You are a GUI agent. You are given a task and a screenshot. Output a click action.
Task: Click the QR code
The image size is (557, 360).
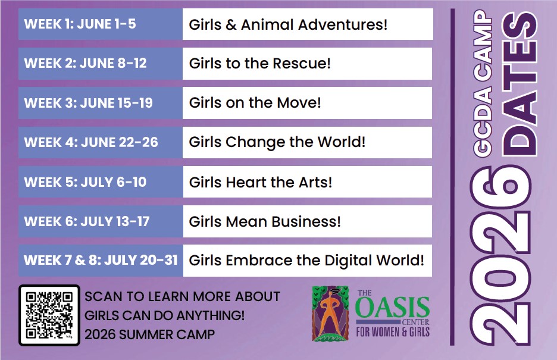tap(49, 315)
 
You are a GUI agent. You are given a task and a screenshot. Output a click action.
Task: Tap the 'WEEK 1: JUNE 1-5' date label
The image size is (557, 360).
tap(80, 24)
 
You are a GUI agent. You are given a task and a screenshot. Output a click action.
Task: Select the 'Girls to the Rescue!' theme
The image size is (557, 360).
tap(259, 64)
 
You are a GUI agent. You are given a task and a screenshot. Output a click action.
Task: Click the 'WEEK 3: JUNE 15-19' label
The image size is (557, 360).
tap(89, 103)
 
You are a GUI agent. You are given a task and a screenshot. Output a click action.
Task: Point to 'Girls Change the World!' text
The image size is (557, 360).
tap(277, 142)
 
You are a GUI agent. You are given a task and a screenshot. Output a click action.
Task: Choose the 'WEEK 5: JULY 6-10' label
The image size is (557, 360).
tap(85, 182)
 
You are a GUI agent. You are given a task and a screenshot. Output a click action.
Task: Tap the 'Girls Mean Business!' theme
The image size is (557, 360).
tap(265, 221)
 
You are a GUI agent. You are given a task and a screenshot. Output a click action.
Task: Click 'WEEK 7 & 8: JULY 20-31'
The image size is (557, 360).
tap(101, 260)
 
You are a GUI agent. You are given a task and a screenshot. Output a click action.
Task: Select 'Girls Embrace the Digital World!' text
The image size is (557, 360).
tap(306, 260)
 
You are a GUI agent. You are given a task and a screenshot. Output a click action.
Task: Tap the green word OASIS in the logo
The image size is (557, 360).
tap(392, 308)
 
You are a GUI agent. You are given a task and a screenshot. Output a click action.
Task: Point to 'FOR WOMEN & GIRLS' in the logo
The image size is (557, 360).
tap(393, 332)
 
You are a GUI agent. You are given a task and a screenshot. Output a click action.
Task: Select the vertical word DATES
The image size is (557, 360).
tap(520, 84)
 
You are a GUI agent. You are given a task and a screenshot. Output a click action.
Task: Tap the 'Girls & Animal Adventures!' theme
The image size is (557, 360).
tap(288, 25)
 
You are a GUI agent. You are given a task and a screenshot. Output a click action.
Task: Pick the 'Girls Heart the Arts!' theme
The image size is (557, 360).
tap(261, 182)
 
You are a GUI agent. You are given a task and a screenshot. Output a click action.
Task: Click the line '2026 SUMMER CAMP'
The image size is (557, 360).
tap(149, 334)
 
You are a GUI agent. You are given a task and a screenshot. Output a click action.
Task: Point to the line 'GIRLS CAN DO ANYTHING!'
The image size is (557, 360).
tap(164, 315)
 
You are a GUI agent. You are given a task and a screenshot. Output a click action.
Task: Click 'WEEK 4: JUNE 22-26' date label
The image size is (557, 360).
tap(91, 142)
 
